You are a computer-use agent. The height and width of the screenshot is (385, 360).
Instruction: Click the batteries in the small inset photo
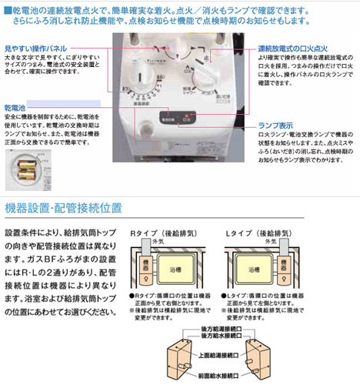(x=25, y=165)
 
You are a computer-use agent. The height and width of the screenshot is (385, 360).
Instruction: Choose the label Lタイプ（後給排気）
(x=256, y=232)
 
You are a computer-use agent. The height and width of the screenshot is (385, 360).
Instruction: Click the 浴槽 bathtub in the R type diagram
(x=170, y=271)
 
